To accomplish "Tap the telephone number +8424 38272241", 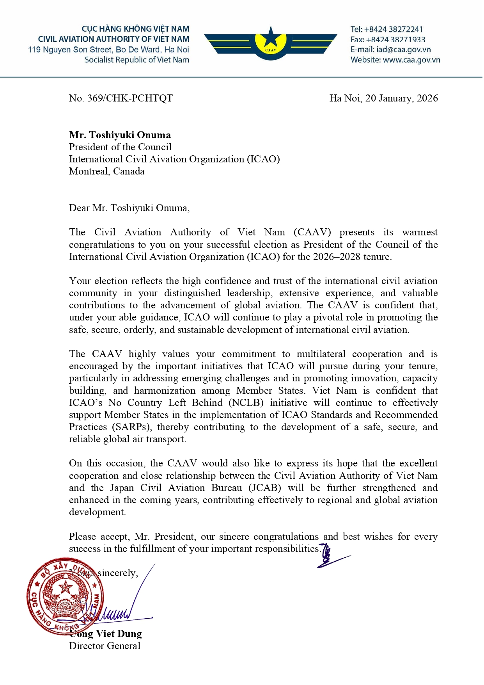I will tap(393, 29).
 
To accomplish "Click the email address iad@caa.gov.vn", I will tap(403, 50).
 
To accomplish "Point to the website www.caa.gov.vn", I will tap(411, 60).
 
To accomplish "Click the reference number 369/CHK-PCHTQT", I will tap(130, 98).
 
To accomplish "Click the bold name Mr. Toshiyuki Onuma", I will tap(120, 135).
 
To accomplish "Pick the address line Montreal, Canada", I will tap(106, 171).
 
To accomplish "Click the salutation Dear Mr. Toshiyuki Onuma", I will tap(129, 208).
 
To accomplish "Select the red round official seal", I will tap(66, 596).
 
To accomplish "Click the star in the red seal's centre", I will tap(66, 587).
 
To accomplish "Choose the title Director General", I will tap(105, 646).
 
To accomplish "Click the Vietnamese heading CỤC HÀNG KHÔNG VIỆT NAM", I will tap(135, 29).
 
